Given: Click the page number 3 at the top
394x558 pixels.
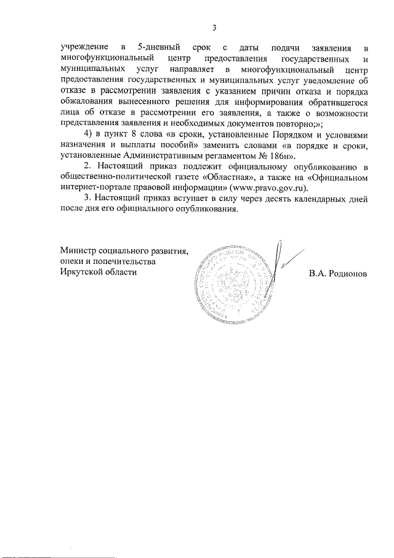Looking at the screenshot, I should pos(214,27).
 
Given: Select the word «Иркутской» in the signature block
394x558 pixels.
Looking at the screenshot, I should pos(80,272).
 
